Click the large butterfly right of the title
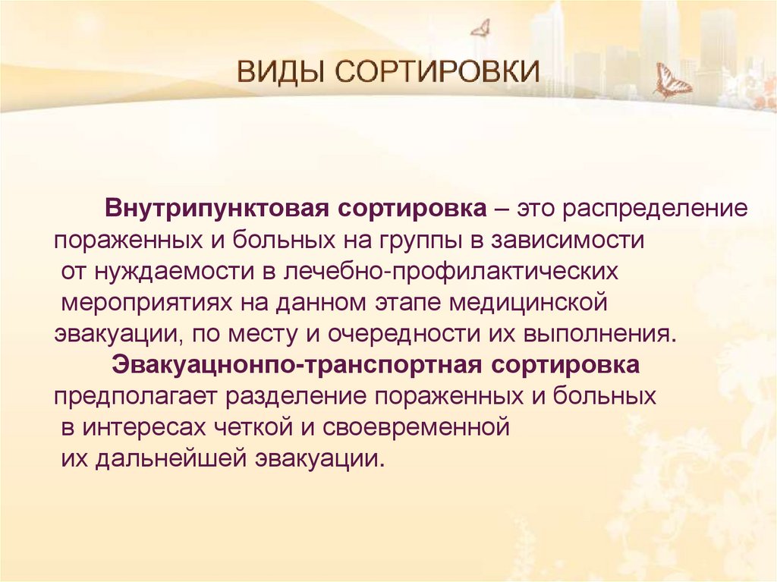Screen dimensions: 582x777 672,81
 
